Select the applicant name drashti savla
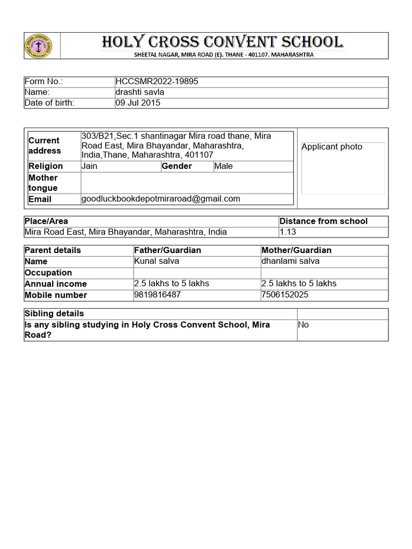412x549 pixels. [x=140, y=92]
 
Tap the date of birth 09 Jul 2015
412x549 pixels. [x=138, y=103]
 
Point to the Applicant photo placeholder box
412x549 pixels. [x=343, y=168]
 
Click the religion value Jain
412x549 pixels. [x=90, y=166]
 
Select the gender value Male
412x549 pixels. [x=223, y=166]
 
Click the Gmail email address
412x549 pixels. [x=161, y=199]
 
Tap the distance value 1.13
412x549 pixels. [x=288, y=232]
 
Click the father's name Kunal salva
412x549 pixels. [x=157, y=261]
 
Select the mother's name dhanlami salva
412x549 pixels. [x=290, y=261]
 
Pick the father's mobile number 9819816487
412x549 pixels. [x=157, y=295]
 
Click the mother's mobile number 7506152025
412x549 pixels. [x=285, y=295]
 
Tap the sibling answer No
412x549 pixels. [x=304, y=325]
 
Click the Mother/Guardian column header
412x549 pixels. [x=296, y=250]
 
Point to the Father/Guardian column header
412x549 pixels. [x=167, y=250]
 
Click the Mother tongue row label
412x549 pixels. [x=43, y=183]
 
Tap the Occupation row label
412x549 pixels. [x=48, y=272]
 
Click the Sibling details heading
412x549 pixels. [x=55, y=314]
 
